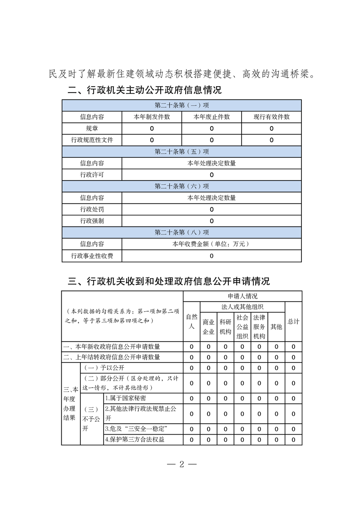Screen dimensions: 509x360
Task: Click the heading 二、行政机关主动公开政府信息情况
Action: [x=145, y=90]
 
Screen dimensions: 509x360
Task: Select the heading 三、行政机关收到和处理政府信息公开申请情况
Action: [x=169, y=281]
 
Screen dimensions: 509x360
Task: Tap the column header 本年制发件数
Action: [x=152, y=117]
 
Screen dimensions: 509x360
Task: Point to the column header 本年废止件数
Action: [x=212, y=117]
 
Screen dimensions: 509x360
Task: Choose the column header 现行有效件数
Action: [x=271, y=117]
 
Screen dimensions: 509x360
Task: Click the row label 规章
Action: [x=92, y=128]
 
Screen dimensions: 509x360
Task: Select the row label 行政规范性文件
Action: [x=92, y=140]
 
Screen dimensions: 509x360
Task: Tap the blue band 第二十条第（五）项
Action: [x=182, y=152]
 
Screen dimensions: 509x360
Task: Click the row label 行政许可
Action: [x=92, y=175]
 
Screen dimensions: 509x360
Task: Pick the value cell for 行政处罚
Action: [x=212, y=210]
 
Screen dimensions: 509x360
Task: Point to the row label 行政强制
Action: [x=92, y=221]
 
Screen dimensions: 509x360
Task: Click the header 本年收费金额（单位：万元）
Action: [x=212, y=244]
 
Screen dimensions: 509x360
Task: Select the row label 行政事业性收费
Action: [x=92, y=256]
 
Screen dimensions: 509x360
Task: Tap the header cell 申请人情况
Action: [x=242, y=296]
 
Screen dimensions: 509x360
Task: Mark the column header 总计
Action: [x=293, y=321]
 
